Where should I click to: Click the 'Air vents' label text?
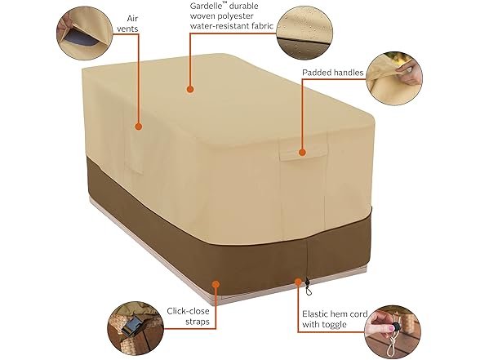click(127, 24)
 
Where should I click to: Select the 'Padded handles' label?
click(333, 73)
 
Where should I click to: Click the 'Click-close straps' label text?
click(189, 316)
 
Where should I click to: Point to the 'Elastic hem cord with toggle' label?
click(335, 319)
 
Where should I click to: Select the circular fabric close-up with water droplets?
click(304, 33)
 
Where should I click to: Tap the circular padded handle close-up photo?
click(394, 78)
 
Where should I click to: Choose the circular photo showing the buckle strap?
click(136, 327)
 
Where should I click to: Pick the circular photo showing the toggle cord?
click(393, 331)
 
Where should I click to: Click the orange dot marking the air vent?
click(139, 127)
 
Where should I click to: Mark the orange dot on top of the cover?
click(190, 90)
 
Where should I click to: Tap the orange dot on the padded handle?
click(302, 152)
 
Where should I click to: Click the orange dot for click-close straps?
click(216, 284)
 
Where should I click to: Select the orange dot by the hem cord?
click(298, 282)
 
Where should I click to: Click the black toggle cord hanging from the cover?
click(308, 287)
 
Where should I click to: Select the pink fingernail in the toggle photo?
click(391, 328)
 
